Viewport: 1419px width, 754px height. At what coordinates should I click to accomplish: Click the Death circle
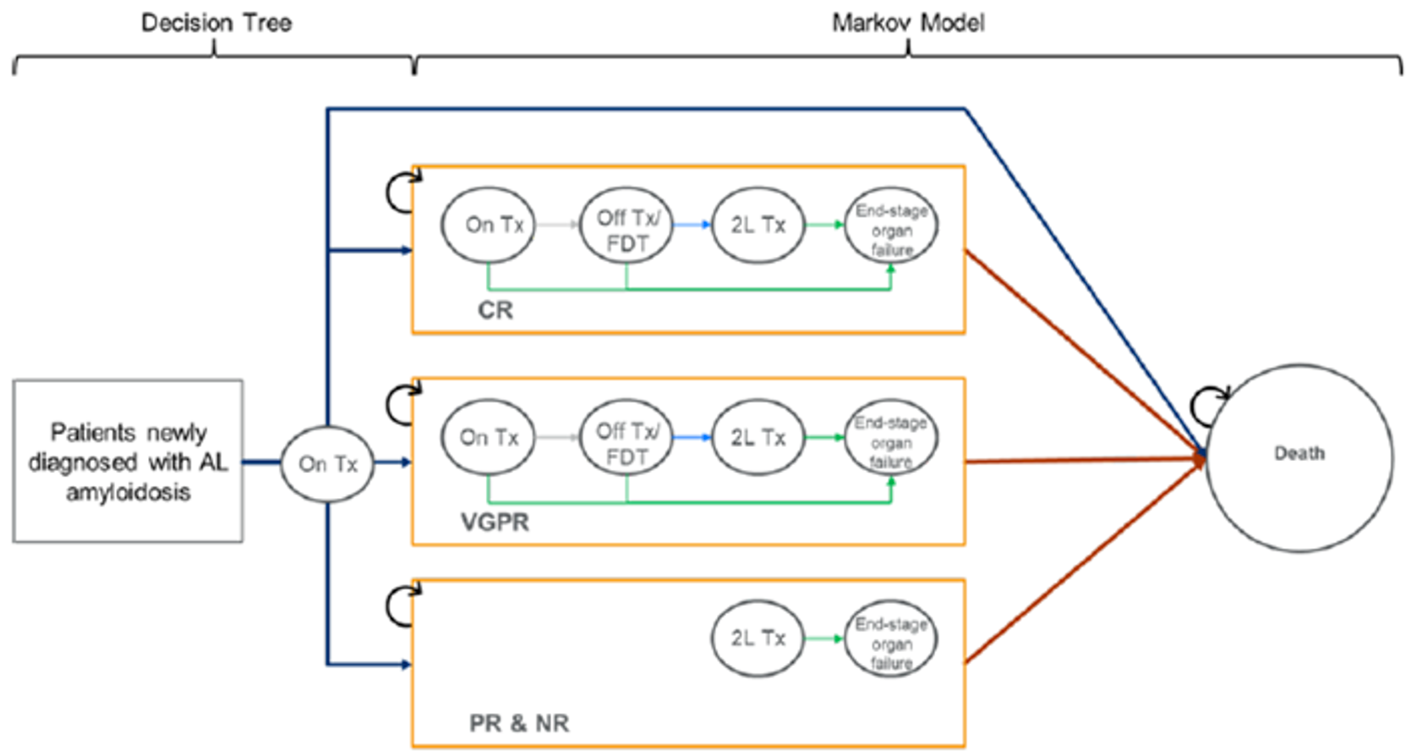[x=1298, y=458]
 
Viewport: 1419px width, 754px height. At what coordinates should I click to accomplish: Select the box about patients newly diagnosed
[x=128, y=461]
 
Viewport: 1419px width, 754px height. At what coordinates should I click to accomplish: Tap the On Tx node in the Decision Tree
[x=327, y=464]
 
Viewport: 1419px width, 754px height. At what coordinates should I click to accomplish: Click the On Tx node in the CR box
[x=488, y=225]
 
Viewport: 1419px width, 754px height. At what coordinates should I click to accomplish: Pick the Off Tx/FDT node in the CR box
[x=626, y=227]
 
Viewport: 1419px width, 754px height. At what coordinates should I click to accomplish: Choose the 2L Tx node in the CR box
[x=758, y=225]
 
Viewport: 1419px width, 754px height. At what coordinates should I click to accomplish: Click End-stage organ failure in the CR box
[x=890, y=227]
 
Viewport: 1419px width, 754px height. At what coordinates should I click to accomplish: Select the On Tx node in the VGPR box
[x=488, y=437]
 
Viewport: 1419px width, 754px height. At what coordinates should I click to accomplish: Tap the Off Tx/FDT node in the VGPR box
[x=626, y=441]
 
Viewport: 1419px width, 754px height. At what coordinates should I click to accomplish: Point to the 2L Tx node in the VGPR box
[x=758, y=437]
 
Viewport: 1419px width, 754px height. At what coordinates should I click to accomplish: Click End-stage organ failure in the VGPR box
[x=890, y=440]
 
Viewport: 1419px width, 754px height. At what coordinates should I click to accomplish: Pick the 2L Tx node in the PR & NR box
[x=758, y=638]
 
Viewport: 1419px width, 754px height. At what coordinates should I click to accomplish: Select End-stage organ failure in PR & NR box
[x=890, y=641]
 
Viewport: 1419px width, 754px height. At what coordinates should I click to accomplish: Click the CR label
[x=495, y=311]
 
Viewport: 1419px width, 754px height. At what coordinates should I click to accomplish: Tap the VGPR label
[x=495, y=522]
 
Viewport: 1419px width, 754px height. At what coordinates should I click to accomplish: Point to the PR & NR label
[x=518, y=723]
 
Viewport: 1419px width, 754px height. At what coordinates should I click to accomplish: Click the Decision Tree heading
[x=216, y=22]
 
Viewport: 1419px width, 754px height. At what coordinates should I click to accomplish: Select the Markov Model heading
[x=907, y=22]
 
